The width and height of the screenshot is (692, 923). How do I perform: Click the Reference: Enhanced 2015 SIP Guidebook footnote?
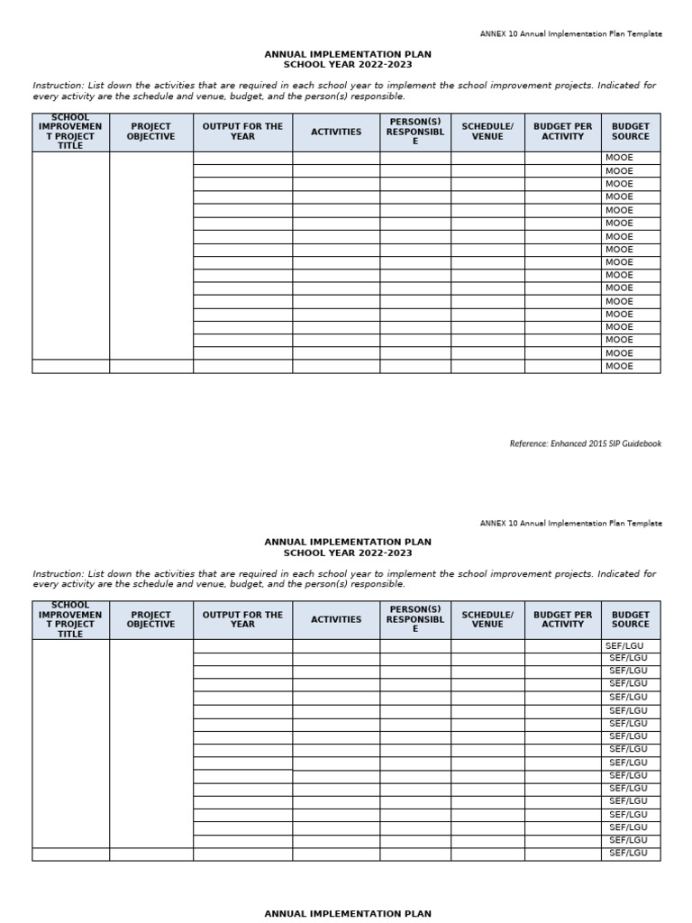click(x=585, y=443)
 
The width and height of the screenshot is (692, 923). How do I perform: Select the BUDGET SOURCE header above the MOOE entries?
click(x=630, y=132)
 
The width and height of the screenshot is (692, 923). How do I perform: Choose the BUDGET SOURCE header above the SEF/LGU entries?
click(x=630, y=619)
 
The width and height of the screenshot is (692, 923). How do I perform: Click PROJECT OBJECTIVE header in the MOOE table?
click(x=150, y=132)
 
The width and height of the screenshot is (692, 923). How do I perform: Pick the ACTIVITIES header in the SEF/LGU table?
click(x=335, y=619)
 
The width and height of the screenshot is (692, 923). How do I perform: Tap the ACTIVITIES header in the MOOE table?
click(x=335, y=132)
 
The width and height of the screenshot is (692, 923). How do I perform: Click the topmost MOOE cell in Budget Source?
click(x=619, y=158)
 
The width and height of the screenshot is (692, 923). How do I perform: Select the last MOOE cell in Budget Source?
click(x=619, y=366)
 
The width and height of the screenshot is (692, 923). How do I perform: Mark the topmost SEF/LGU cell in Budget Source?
click(x=626, y=645)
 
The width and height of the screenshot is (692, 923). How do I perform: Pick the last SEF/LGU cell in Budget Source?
click(x=628, y=853)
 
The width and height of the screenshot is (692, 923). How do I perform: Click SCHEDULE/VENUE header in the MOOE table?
click(x=487, y=132)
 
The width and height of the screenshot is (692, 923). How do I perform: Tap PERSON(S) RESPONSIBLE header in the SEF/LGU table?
click(x=414, y=619)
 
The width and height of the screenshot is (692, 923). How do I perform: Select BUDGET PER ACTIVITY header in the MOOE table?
click(x=562, y=132)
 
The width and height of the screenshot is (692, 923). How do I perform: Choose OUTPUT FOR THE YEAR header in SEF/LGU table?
click(x=242, y=619)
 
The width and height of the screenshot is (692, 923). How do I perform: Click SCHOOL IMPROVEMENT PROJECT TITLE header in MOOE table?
click(x=70, y=132)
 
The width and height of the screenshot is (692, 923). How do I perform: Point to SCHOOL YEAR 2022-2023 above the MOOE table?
click(x=347, y=65)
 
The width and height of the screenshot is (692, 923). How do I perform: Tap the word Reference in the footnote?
click(x=528, y=443)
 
